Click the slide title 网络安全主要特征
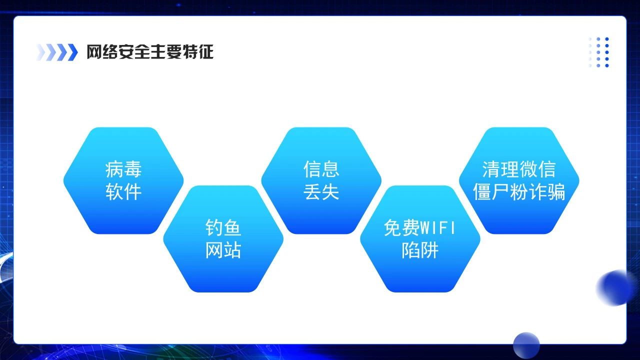pos(150,52)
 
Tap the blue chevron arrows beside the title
pos(57,52)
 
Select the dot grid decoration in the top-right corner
pos(599,52)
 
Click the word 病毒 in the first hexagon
pos(123,169)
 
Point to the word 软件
pos(123,192)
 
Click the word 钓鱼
pos(223,228)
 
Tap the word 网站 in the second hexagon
pos(223,250)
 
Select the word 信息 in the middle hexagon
pos(321,169)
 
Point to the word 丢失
pos(321,192)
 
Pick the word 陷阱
pos(420,250)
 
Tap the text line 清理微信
pos(519,169)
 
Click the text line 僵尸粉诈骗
pos(519,192)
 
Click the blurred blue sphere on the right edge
pos(615,288)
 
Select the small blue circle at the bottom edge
pos(526,345)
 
